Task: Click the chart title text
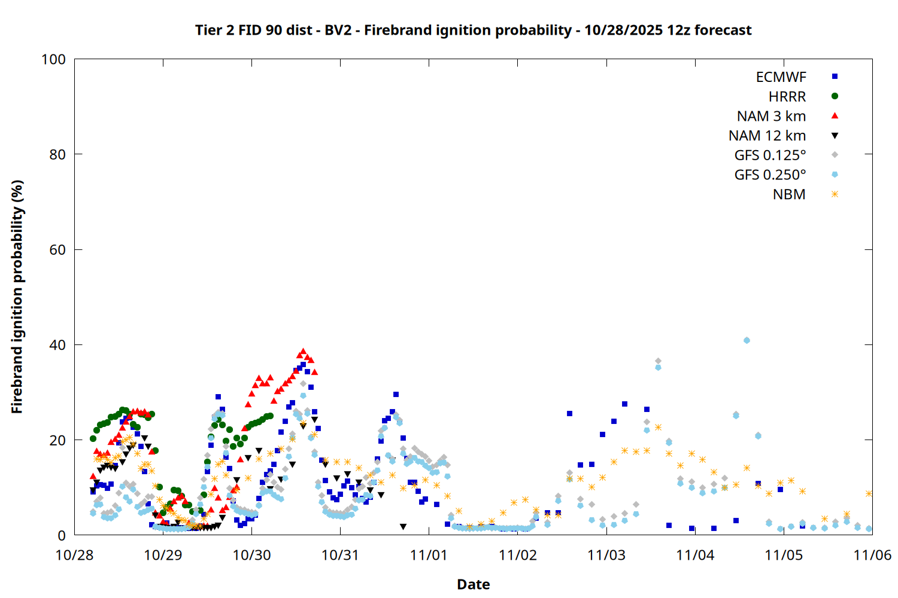(473, 30)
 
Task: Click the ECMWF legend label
(781, 77)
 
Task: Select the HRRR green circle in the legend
(835, 96)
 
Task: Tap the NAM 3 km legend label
(771, 116)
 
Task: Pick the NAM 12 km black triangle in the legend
(835, 136)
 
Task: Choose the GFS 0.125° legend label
(770, 155)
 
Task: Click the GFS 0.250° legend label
(770, 175)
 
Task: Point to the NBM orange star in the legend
(835, 194)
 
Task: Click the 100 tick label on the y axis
(53, 59)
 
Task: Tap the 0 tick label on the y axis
(62, 535)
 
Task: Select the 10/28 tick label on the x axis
(74, 555)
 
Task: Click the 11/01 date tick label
(429, 555)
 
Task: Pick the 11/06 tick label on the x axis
(872, 555)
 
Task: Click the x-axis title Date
(473, 584)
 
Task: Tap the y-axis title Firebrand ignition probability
(17, 297)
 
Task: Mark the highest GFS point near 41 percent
(747, 340)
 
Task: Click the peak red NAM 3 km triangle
(303, 352)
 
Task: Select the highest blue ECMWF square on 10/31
(396, 395)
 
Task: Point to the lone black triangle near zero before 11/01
(403, 527)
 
